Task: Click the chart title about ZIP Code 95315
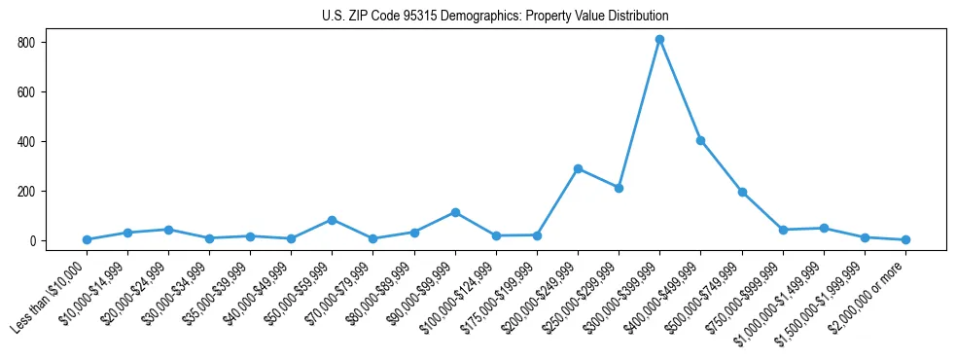click(x=495, y=17)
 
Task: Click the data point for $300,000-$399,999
click(x=659, y=40)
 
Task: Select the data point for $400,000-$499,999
click(x=700, y=141)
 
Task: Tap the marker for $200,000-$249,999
click(x=578, y=168)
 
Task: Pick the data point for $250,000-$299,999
click(x=619, y=188)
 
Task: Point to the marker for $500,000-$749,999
click(x=742, y=192)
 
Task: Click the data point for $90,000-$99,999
click(x=455, y=212)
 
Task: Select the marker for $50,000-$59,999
click(x=333, y=220)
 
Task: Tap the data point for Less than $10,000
click(x=87, y=239)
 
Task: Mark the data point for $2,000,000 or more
click(x=905, y=239)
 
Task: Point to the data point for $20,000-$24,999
click(x=168, y=230)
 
